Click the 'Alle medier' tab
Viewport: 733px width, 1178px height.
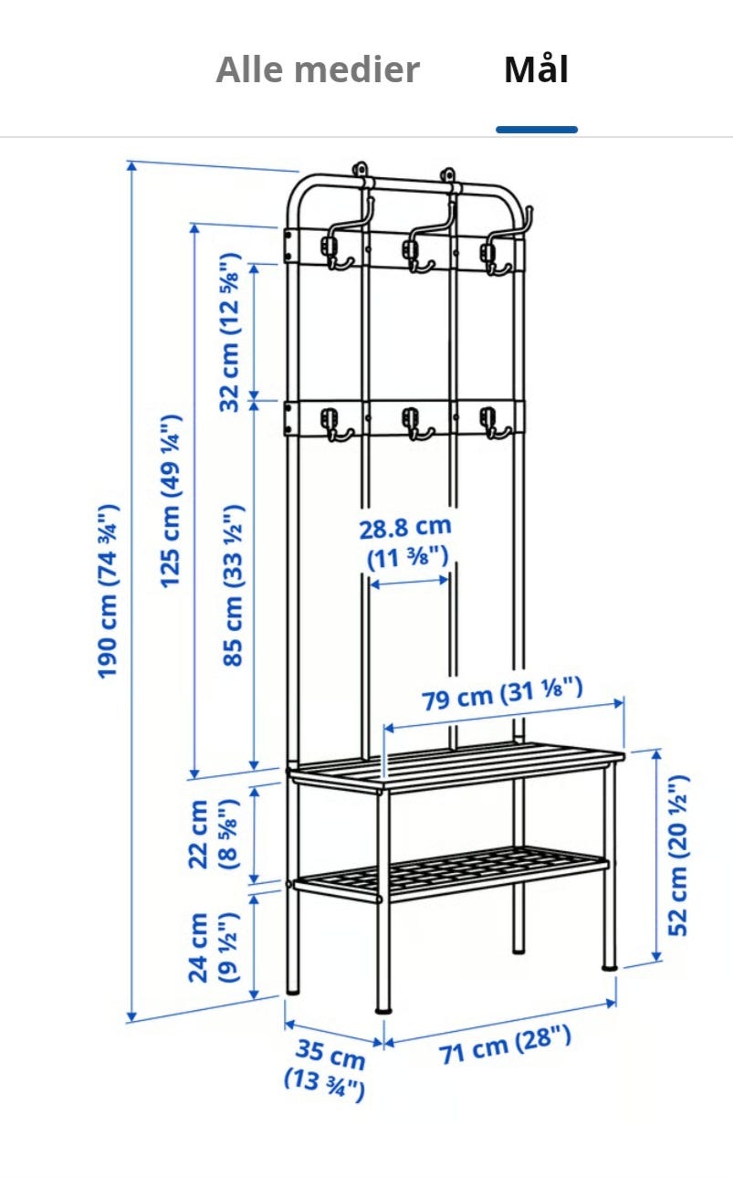(318, 69)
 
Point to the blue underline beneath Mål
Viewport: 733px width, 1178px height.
(537, 130)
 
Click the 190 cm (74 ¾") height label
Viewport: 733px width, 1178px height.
(108, 591)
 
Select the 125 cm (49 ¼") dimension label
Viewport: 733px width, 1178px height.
(171, 501)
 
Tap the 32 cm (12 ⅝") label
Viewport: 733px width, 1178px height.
(230, 331)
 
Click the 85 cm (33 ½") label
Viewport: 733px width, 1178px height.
(233, 585)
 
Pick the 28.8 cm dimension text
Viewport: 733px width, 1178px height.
(405, 528)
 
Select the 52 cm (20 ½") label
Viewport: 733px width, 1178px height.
(678, 855)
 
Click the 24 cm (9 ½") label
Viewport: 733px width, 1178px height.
(214, 948)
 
